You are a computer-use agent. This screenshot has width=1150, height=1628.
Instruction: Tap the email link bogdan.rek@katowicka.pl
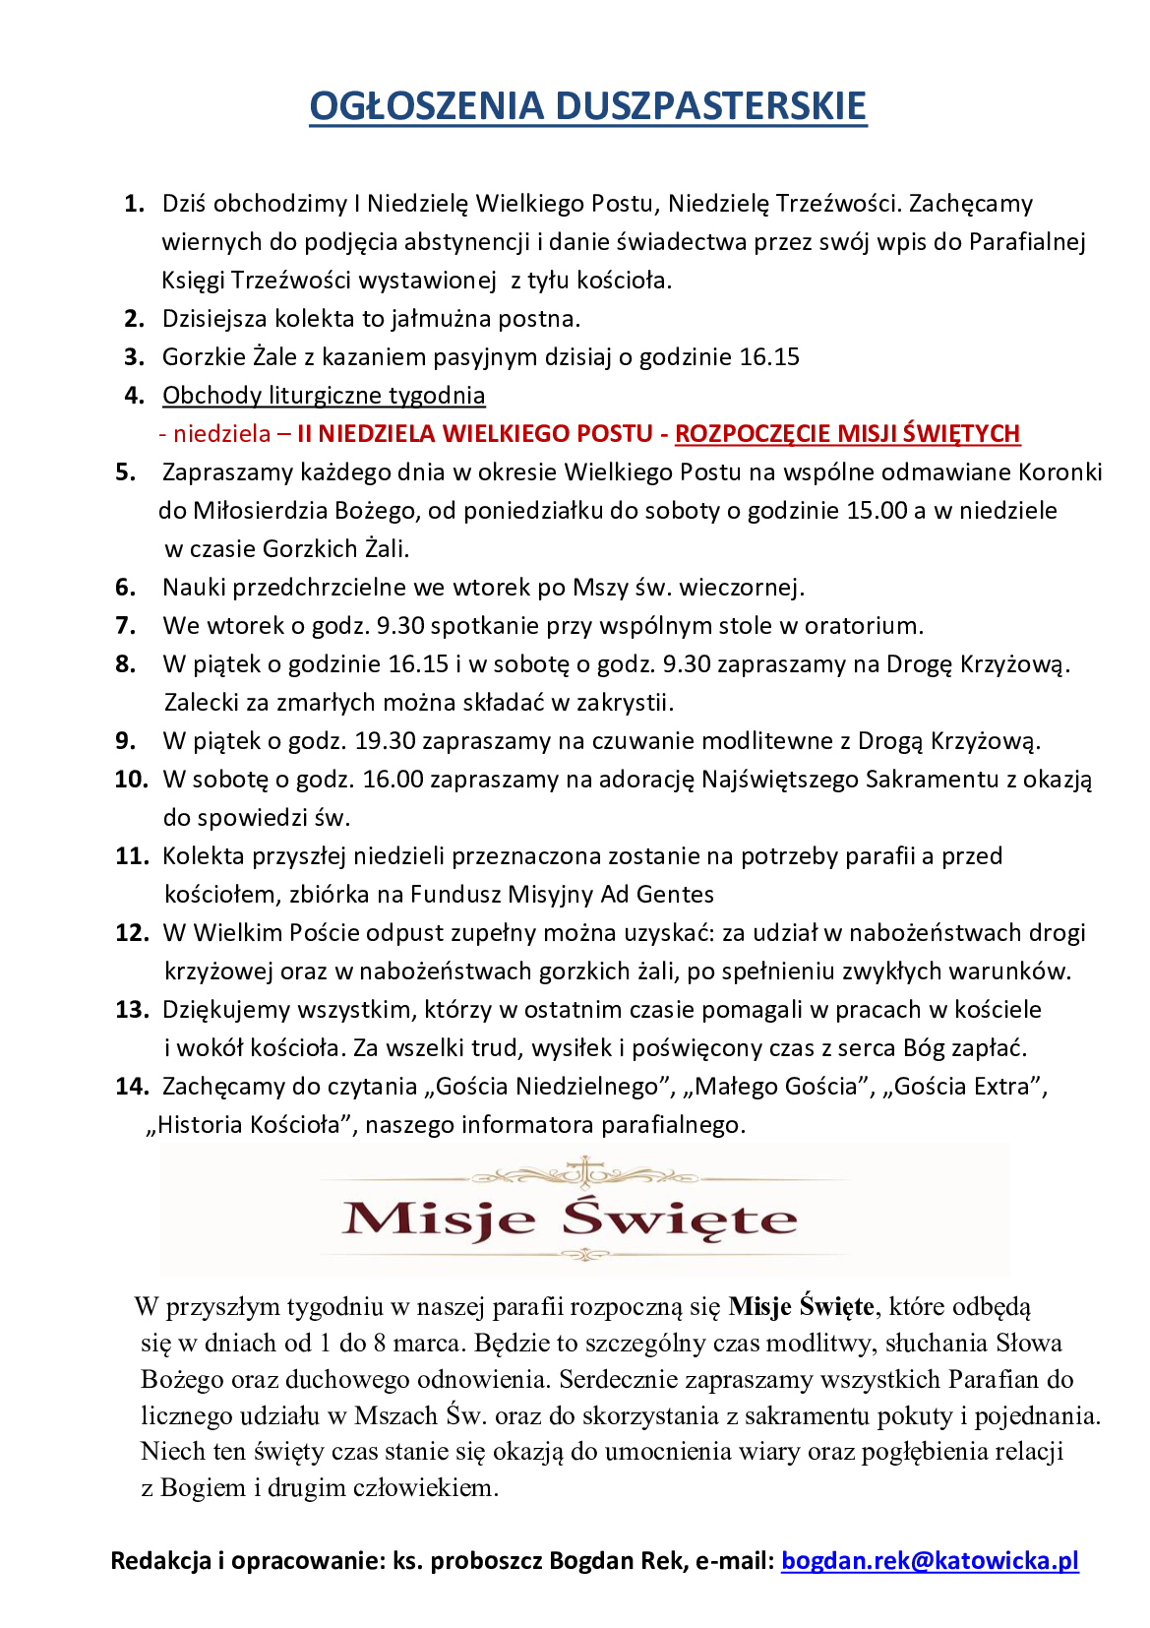pyautogui.click(x=930, y=1560)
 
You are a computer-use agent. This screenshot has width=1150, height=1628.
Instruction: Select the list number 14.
pyautogui.click(x=131, y=1087)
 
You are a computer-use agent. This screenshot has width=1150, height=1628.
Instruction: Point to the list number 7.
pyautogui.click(x=126, y=626)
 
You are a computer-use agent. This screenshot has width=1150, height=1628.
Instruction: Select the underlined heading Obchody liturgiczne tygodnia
pyautogui.click(x=324, y=396)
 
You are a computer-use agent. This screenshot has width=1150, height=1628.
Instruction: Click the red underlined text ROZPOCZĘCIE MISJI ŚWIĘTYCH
pyautogui.click(x=847, y=434)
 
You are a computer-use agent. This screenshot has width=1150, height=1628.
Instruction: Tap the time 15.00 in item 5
pyautogui.click(x=877, y=511)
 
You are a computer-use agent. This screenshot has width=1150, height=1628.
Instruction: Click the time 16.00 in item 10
pyautogui.click(x=393, y=780)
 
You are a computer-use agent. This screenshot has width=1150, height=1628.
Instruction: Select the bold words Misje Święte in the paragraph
pyautogui.click(x=801, y=1307)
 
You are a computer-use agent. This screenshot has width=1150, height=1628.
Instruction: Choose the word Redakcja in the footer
pyautogui.click(x=161, y=1560)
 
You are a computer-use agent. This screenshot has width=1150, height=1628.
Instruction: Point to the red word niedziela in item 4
pyautogui.click(x=221, y=434)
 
